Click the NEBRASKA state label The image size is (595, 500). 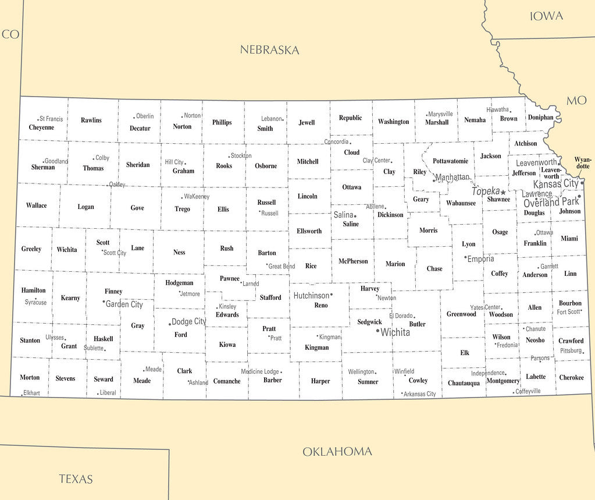(x=269, y=50)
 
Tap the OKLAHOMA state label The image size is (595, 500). (x=337, y=452)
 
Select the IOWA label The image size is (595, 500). (x=546, y=16)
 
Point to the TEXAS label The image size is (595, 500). (x=76, y=479)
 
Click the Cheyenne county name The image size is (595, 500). (x=41, y=127)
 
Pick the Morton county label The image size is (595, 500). (x=30, y=377)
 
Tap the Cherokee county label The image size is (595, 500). (x=571, y=377)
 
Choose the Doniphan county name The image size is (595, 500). (x=540, y=118)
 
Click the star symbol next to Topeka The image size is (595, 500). (x=503, y=192)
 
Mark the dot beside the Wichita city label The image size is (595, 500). (x=377, y=331)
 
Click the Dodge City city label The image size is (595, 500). (x=189, y=322)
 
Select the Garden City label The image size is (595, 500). (x=124, y=304)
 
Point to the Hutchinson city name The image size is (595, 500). (x=311, y=296)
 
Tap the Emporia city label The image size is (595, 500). (x=481, y=259)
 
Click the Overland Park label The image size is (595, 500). (x=551, y=203)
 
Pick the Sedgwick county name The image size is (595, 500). (x=369, y=322)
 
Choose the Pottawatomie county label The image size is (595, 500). (x=450, y=161)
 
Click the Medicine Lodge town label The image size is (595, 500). (x=260, y=372)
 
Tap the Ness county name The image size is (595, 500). (x=179, y=252)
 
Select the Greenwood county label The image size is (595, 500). (x=461, y=314)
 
